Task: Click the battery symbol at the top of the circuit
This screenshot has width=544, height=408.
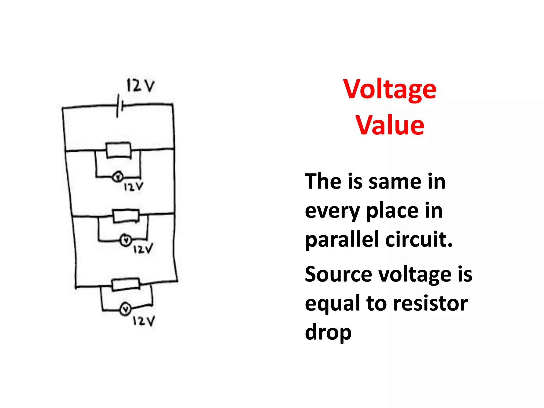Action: (119, 106)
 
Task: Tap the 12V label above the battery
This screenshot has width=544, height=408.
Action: (140, 86)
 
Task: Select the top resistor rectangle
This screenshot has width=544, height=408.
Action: (118, 150)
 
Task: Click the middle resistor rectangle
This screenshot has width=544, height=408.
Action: (126, 216)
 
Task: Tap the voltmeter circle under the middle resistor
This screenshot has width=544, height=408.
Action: (126, 240)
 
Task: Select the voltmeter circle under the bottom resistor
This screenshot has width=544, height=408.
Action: (126, 309)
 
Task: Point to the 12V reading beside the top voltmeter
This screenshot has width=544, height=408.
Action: (133, 187)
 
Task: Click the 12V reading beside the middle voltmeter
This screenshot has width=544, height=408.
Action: (143, 249)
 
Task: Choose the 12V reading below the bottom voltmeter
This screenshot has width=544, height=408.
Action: (143, 321)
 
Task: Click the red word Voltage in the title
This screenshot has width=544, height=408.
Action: (389, 90)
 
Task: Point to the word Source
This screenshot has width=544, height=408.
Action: (338, 274)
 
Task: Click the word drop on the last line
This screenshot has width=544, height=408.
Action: (328, 333)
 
